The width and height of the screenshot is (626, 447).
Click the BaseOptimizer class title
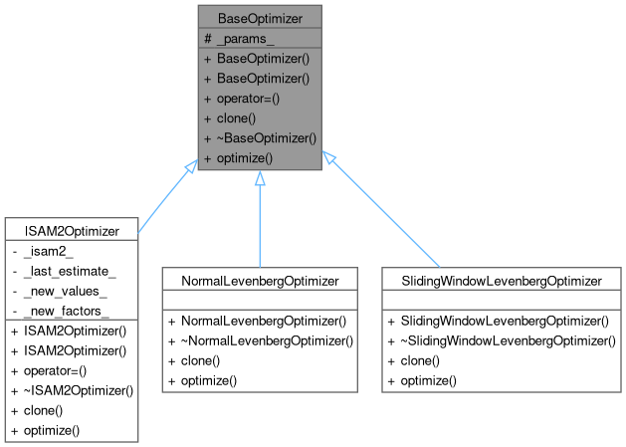click(x=259, y=17)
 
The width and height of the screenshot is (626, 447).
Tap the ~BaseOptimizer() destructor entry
click(x=260, y=138)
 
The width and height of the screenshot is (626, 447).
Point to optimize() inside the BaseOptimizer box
click(x=238, y=158)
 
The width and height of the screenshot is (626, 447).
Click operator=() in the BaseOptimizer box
click(x=245, y=99)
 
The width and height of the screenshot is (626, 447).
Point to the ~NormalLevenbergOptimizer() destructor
click(x=261, y=340)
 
